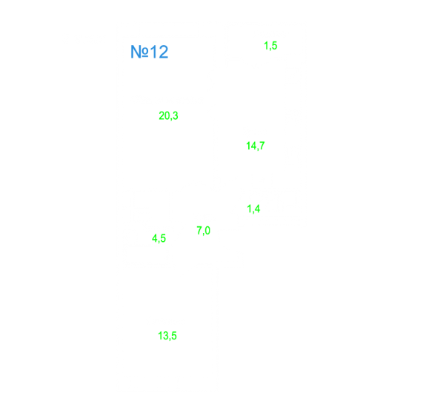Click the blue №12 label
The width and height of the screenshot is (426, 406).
150,52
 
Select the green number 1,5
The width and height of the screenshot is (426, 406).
270,46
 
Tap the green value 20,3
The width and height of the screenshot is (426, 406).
168,116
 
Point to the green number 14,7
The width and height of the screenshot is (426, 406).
256,146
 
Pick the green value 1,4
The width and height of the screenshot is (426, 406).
253,209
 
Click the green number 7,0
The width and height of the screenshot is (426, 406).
204,231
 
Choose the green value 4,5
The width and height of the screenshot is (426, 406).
159,238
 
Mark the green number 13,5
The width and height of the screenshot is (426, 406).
167,336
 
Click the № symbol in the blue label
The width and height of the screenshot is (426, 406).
139,52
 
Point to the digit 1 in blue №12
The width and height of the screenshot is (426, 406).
153,52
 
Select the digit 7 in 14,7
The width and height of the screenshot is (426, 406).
262,146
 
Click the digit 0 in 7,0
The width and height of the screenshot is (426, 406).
207,230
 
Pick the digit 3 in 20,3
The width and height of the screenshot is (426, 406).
176,115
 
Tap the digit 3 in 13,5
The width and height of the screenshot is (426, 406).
166,336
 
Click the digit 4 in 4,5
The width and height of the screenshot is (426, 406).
155,238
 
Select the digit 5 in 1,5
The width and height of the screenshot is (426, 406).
274,45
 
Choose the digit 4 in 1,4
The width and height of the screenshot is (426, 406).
257,209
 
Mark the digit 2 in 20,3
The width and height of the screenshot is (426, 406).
162,115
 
